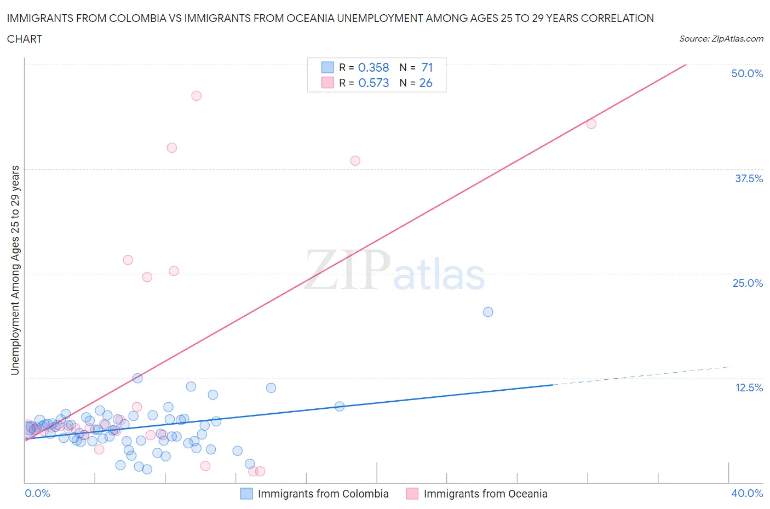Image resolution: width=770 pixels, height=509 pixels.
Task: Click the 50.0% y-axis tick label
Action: pyautogui.click(x=747, y=73)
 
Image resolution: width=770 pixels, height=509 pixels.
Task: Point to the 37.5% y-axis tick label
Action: pyautogui.click(x=749, y=178)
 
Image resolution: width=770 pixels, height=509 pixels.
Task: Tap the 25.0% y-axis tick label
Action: pyautogui.click(x=748, y=283)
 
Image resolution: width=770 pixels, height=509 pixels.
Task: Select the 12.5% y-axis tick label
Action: pyautogui.click(x=749, y=387)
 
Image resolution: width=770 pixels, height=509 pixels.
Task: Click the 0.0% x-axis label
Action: pyautogui.click(x=37, y=493)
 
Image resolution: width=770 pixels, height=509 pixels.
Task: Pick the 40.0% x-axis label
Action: pyautogui.click(x=747, y=493)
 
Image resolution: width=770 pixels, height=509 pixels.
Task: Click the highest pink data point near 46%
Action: pyautogui.click(x=196, y=96)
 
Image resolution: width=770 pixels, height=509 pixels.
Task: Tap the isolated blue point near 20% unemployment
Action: pyautogui.click(x=488, y=312)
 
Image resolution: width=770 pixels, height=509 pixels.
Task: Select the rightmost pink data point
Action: pyautogui.click(x=591, y=124)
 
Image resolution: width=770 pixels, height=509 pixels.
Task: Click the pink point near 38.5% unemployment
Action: pyautogui.click(x=355, y=161)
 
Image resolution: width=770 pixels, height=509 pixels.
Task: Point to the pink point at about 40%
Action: pyautogui.click(x=172, y=148)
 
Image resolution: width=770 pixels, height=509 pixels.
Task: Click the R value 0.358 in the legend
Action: pyautogui.click(x=373, y=67)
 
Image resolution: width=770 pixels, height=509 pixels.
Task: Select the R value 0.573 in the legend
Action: pyautogui.click(x=373, y=83)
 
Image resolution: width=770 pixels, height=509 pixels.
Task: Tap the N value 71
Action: pyautogui.click(x=427, y=67)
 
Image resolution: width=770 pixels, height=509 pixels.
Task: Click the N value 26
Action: pyautogui.click(x=426, y=83)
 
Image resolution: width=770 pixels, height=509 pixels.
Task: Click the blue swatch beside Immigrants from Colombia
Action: pyautogui.click(x=247, y=494)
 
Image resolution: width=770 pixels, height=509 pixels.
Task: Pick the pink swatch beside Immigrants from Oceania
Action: pyautogui.click(x=412, y=494)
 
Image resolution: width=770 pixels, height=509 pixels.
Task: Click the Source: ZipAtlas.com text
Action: pyautogui.click(x=721, y=38)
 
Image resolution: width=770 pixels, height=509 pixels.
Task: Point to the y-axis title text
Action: pyautogui.click(x=15, y=270)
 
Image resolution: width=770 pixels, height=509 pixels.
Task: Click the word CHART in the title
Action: pyautogui.click(x=25, y=39)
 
